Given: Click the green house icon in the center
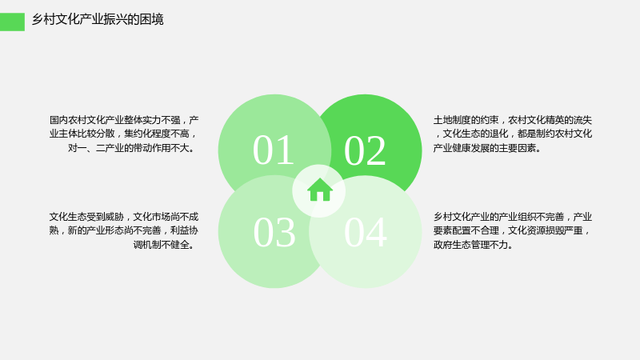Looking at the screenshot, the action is [319, 190].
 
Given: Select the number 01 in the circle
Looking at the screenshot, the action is [274, 150].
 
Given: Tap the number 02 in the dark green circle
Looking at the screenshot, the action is [365, 150].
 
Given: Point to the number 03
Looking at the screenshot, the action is [274, 232].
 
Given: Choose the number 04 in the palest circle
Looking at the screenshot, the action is [366, 232].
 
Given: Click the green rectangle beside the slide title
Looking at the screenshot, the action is [12, 22].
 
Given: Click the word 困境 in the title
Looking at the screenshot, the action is [151, 19].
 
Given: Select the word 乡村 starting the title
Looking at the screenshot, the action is [44, 19].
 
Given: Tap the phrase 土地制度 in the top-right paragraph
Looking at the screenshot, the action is [452, 120].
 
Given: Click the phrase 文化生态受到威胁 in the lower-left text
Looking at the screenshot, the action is [87, 217].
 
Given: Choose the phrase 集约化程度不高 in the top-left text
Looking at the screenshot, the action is [157, 134].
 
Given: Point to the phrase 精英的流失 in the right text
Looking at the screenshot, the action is [569, 120].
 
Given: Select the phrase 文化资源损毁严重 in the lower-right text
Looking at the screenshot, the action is [546, 230].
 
